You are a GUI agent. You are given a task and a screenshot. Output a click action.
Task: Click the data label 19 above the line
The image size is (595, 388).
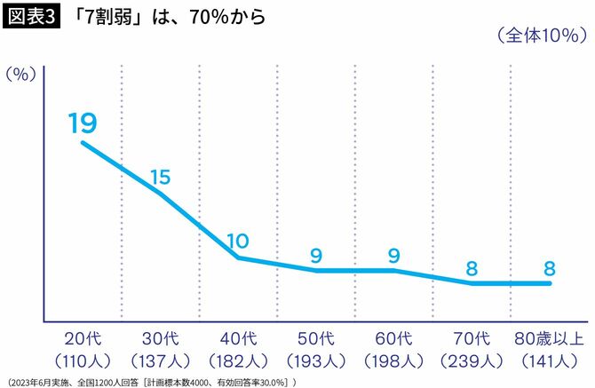pos(83,123)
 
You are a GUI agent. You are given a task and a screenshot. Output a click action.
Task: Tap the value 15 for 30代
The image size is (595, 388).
pos(160,178)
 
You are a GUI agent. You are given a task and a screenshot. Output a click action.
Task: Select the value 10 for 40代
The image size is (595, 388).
pos(238,242)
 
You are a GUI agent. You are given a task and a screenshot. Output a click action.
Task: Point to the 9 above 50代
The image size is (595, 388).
pos(315,256)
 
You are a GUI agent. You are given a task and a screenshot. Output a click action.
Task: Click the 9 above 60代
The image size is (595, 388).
pos(393,256)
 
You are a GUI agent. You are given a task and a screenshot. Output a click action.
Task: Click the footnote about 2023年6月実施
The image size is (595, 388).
pos(151,382)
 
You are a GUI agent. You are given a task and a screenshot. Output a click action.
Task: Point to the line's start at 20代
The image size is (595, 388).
pos(83,142)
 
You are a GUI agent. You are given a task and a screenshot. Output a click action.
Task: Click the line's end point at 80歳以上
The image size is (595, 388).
pos(550,283)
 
